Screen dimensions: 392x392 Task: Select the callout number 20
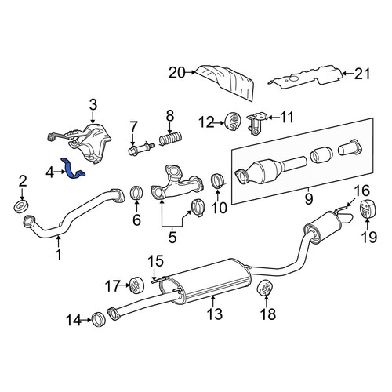coord(177,73)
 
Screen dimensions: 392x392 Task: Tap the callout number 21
coord(362,74)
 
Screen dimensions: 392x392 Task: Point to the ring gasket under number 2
coord(21,207)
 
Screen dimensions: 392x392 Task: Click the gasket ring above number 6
coord(136,194)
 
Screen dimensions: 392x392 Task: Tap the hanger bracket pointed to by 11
coord(257,123)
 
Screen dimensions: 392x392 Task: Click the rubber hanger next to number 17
coord(137,285)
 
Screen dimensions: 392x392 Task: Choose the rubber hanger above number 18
coord(265,289)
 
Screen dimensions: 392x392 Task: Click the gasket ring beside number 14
coord(100,319)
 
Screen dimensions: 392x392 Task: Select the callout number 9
coord(309,199)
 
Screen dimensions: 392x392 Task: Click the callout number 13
coord(215,314)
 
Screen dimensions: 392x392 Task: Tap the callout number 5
coord(172,238)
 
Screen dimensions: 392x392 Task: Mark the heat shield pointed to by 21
coord(306,76)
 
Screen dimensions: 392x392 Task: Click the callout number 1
coord(59,254)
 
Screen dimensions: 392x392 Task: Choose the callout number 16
coord(362,191)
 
